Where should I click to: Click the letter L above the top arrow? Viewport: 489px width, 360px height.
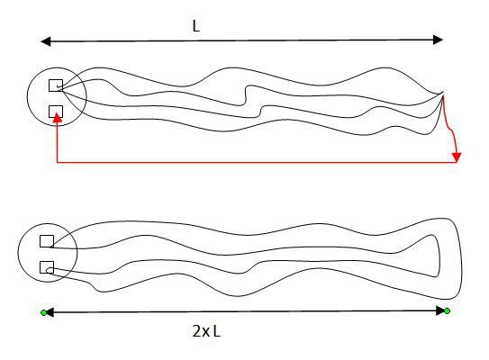195,26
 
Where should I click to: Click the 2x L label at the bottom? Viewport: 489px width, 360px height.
206,331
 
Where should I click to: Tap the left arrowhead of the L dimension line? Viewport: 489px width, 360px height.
46,41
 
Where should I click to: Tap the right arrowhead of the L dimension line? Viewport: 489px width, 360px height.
438,40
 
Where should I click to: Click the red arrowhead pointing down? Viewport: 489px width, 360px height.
457,157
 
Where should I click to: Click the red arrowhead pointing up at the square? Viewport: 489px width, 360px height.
57,118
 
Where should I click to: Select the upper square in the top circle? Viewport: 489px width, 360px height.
56,85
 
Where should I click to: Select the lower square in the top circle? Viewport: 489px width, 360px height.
56,112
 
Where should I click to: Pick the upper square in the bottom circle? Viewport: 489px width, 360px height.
47,241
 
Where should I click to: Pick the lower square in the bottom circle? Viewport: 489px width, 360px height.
47,267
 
